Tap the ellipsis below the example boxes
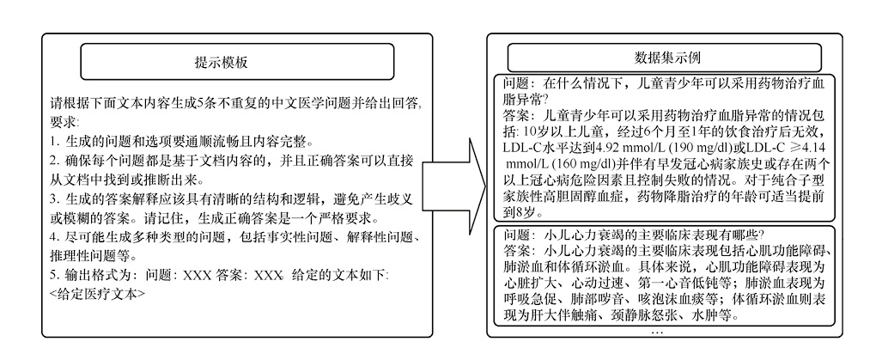point(658,331)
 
